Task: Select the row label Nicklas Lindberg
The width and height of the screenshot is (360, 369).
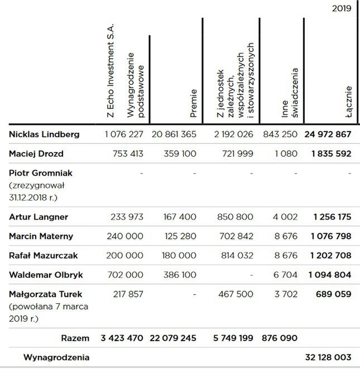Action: click(44, 134)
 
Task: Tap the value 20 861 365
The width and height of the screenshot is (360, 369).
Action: click(173, 134)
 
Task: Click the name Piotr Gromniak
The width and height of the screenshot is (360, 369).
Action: click(41, 173)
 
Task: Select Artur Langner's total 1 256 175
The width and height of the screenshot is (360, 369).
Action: click(332, 217)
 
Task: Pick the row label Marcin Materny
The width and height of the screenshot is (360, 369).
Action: click(42, 236)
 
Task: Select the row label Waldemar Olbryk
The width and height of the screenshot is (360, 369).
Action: click(46, 275)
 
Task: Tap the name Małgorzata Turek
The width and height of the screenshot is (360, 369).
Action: click(45, 294)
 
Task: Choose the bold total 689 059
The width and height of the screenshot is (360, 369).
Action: click(335, 294)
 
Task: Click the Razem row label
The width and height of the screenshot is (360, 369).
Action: click(75, 338)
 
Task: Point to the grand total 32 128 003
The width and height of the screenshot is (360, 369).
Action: click(329, 357)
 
